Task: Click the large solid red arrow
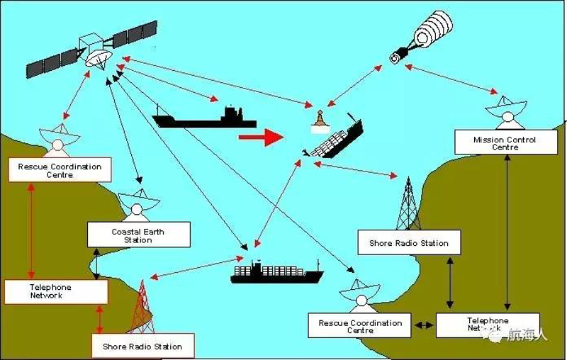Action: click(261, 137)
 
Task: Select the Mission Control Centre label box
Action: click(506, 142)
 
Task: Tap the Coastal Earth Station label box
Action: click(139, 235)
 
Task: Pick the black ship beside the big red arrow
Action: click(204, 117)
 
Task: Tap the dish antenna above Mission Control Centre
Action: click(505, 113)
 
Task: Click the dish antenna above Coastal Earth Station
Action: click(138, 204)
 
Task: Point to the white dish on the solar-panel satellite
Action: click(98, 58)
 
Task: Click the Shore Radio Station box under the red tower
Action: click(143, 347)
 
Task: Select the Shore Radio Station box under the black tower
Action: click(409, 242)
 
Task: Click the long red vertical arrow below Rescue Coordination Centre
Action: click(31, 230)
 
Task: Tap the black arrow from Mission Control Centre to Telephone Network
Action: click(507, 232)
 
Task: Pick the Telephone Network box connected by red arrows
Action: click(56, 292)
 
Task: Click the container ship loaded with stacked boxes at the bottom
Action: click(276, 272)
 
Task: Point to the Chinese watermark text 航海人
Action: click(527, 334)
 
